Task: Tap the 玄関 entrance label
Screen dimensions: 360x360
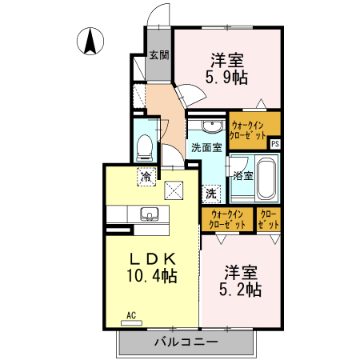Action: tap(158, 56)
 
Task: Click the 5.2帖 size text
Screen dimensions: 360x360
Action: tap(242, 290)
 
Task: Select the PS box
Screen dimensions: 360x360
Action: tap(275, 144)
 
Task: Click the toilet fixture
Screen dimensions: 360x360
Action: tap(145, 146)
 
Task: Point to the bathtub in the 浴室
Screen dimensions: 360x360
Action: tap(266, 177)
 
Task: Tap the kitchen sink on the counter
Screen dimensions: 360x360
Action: tap(149, 214)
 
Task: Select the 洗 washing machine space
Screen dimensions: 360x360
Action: tap(210, 193)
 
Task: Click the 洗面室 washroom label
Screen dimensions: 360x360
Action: tap(206, 148)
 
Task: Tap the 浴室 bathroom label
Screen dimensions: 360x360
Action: tap(243, 175)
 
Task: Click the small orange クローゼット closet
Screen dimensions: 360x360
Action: tap(268, 220)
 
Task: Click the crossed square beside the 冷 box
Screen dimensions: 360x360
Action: tap(174, 189)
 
